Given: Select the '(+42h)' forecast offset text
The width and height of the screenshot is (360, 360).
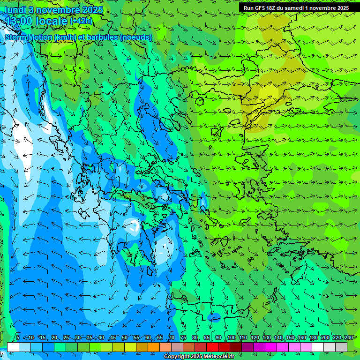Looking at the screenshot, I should [x=81, y=21].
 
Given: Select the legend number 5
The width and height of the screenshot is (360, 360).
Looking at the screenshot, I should [x=18, y=337].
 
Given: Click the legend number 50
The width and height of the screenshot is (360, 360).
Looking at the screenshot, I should [x=124, y=337].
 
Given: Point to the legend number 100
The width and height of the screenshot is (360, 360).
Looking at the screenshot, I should [x=232, y=337].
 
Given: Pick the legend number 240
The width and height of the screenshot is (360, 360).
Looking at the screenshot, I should [x=349, y=337].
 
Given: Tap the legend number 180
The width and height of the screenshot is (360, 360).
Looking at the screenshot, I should [x=314, y=337].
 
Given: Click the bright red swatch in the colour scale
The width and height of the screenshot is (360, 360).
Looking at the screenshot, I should [x=212, y=347].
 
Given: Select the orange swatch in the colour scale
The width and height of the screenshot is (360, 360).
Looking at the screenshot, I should [x=154, y=347].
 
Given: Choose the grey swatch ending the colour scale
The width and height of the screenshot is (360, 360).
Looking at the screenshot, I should [x=341, y=347].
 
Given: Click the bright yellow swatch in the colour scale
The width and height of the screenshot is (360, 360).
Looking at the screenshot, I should [x=130, y=347].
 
